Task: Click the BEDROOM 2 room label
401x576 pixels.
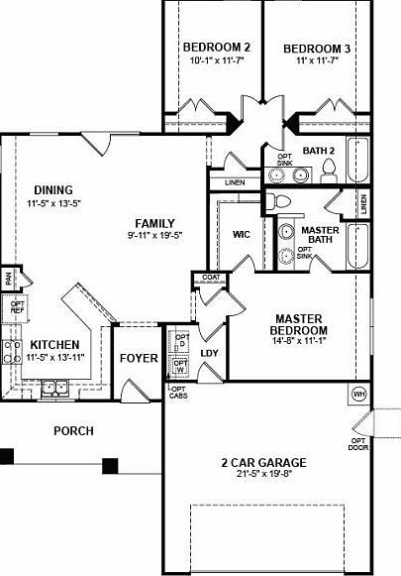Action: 217,48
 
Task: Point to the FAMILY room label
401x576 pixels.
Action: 155,222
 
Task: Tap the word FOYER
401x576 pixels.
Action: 138,358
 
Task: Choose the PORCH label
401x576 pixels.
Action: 74,430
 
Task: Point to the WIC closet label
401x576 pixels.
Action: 242,235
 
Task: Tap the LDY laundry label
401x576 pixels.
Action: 209,352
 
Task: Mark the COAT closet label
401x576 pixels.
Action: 211,277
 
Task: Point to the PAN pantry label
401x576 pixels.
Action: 7,277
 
